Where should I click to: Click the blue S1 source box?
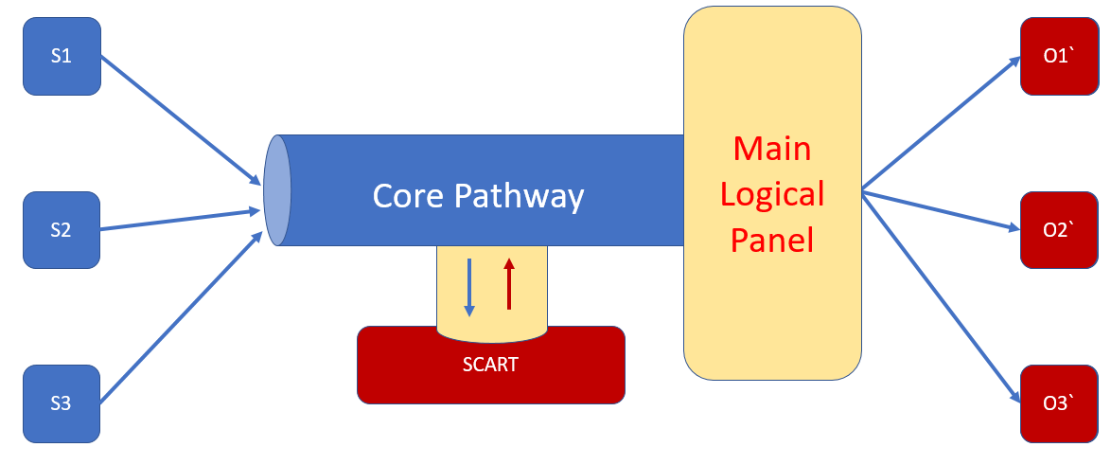(62, 56)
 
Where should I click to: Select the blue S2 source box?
(62, 229)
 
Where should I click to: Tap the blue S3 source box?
(62, 403)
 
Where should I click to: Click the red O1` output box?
(1058, 56)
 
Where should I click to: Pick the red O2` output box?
(1058, 229)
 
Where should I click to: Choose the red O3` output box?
(1058, 403)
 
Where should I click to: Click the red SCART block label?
(490, 365)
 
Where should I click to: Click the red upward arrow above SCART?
(509, 284)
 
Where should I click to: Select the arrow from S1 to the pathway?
(180, 119)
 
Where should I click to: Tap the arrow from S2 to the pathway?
(180, 219)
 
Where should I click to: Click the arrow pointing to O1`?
(942, 123)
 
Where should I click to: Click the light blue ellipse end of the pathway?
(277, 190)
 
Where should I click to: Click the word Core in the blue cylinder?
(409, 195)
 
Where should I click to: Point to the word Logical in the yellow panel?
(772, 194)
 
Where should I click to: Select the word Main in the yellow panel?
(772, 149)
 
